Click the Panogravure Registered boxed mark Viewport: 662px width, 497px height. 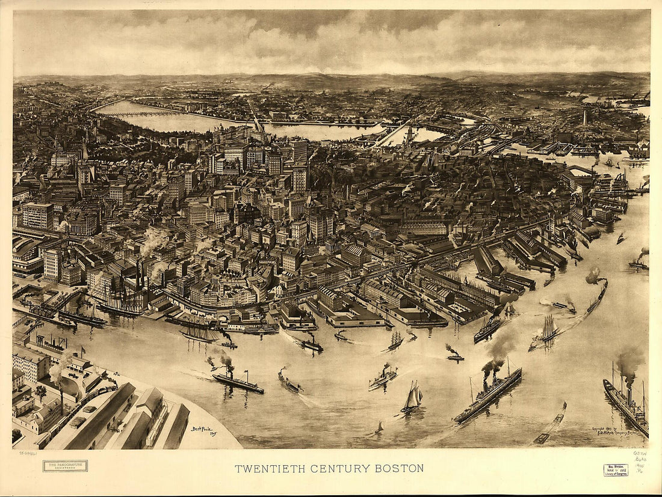(x=65, y=466)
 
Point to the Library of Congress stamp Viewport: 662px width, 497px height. (x=616, y=469)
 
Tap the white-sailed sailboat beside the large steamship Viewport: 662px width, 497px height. (x=413, y=397)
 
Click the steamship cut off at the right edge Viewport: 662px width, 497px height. (x=626, y=405)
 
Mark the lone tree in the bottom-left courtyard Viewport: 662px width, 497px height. (x=41, y=392)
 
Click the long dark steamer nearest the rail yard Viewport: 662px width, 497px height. (x=238, y=383)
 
